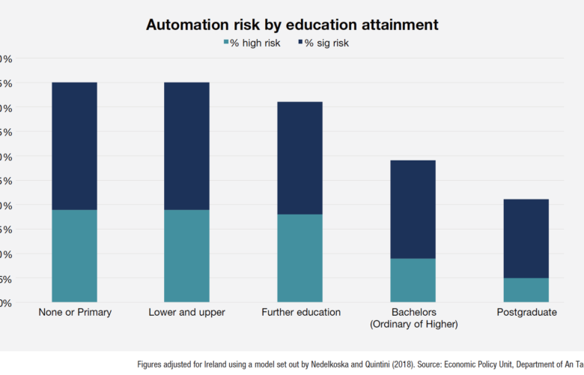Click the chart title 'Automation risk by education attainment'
coord(292,24)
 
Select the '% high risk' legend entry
coord(252,43)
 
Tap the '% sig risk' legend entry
coord(323,43)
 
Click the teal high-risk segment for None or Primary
coord(74,256)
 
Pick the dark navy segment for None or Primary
coord(74,145)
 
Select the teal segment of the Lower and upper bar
coord(186,256)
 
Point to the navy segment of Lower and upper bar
coord(186,145)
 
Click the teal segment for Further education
coord(299,258)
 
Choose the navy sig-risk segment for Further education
coord(299,157)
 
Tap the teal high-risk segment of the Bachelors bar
coord(413,280)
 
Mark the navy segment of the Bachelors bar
coord(413,209)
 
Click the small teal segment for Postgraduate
coord(526,290)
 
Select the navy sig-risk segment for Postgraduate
coord(526,238)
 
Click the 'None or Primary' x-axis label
coord(75,312)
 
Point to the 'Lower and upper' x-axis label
coord(186,312)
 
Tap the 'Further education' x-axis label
coord(300,312)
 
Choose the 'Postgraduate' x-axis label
coord(526,312)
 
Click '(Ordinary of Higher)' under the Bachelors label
coord(413,324)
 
